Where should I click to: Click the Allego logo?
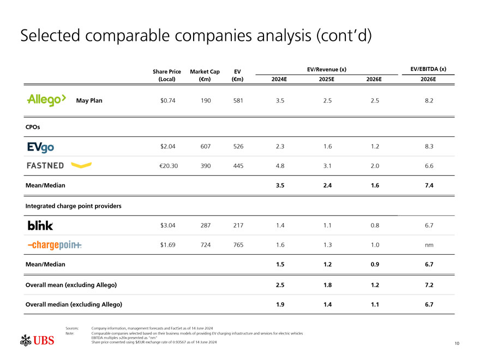click(46, 100)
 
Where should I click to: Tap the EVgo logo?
click(40, 147)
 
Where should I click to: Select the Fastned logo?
click(59, 165)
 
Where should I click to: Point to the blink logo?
click(40, 225)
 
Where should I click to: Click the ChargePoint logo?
click(55, 245)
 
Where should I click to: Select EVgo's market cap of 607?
click(206, 147)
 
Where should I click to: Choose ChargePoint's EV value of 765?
click(238, 245)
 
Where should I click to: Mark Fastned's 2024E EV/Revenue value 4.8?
click(280, 166)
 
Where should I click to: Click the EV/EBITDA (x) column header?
click(428, 69)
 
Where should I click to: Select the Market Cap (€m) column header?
click(205, 75)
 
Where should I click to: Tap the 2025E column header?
click(327, 80)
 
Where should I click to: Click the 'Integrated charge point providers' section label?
click(74, 206)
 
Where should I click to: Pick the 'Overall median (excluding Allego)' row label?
click(74, 304)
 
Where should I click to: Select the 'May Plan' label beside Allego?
click(89, 101)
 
